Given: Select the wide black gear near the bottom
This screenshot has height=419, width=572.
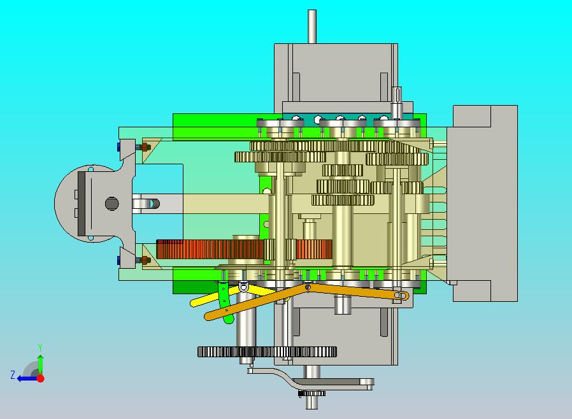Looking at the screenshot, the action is click(x=267, y=352).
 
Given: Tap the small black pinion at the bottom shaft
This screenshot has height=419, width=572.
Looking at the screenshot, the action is click(x=312, y=393).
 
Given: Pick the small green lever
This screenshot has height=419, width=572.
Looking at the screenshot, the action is click(x=224, y=301).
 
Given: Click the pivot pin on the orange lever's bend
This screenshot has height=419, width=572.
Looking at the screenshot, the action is click(x=308, y=287).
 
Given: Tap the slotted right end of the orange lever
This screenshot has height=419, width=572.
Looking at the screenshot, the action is click(x=401, y=295).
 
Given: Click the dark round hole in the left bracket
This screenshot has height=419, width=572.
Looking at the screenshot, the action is click(x=111, y=203).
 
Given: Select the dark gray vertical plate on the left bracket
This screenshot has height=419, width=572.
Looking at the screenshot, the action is click(x=82, y=204).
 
